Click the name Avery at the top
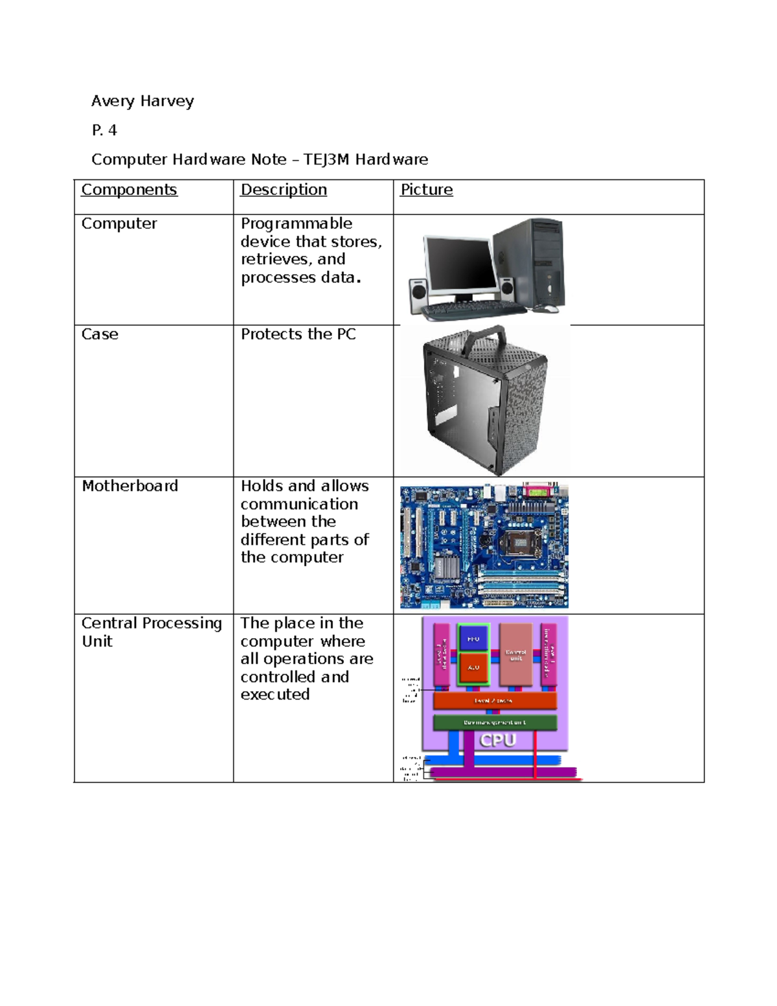coord(113,101)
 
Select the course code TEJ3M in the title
coord(327,159)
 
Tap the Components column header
coord(129,190)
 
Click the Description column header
coord(284,190)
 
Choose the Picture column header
coord(426,190)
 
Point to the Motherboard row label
coord(129,486)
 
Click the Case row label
coord(100,334)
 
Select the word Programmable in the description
coord(297,223)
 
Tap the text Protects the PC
coord(298,334)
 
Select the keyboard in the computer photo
coord(473,311)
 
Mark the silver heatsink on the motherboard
coord(446,567)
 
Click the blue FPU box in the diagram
coord(473,639)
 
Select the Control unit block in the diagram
coord(515,654)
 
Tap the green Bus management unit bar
coord(495,722)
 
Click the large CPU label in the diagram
coord(497,740)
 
